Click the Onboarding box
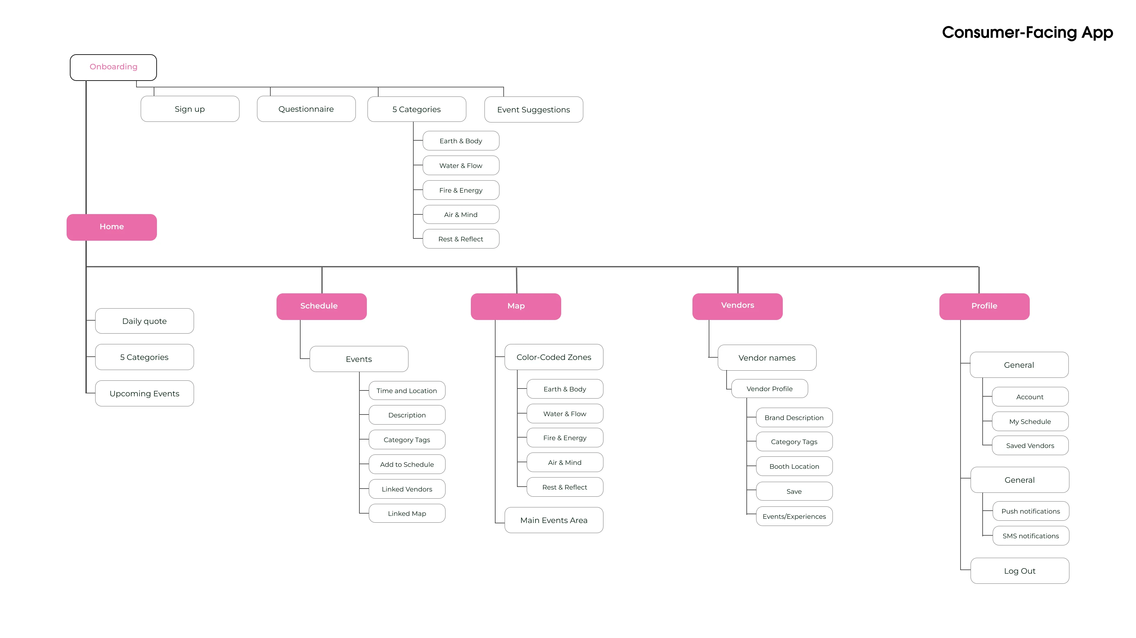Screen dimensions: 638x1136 click(113, 67)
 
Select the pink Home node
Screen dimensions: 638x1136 click(111, 227)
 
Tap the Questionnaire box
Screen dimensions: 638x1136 click(306, 109)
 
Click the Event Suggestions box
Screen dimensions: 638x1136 click(533, 109)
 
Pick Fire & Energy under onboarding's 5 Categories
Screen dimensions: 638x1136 click(461, 190)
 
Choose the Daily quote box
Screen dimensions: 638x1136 click(144, 321)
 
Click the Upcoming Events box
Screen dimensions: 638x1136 click(144, 393)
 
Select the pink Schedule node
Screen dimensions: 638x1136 click(321, 306)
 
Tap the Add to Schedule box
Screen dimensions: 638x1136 click(407, 464)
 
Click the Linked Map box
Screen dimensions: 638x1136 click(407, 513)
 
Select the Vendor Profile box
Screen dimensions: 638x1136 click(769, 389)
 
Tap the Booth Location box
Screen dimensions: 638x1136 click(794, 466)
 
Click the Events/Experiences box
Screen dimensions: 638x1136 click(794, 516)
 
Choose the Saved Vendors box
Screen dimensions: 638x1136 click(1030, 445)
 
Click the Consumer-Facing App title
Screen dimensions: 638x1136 click(1027, 32)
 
